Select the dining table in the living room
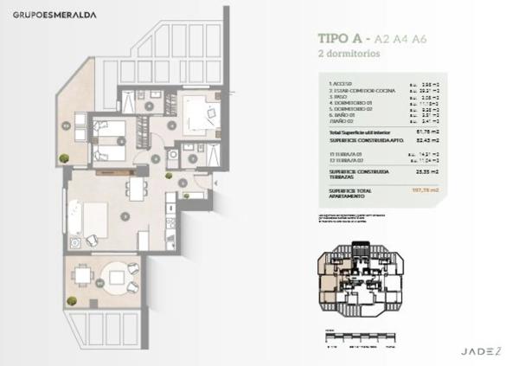136,189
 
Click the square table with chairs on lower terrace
83,277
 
